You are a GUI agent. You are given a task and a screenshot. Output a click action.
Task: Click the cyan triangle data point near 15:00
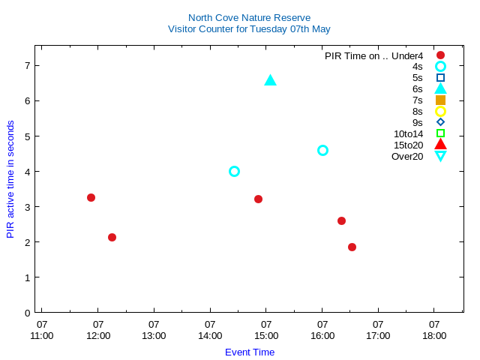271,80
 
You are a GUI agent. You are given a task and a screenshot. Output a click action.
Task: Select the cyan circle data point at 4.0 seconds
234,171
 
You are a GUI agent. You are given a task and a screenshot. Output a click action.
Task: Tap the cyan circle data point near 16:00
322,150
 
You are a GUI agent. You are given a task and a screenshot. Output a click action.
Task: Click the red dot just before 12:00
91,197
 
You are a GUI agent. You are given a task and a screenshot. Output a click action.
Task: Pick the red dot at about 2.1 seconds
112,237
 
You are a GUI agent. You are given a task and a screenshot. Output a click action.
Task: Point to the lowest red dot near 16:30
352,247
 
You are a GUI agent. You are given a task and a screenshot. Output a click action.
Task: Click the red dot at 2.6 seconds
341,220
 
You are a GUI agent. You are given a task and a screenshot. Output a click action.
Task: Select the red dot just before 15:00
258,199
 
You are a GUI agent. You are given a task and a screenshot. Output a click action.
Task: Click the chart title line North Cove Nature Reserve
249,17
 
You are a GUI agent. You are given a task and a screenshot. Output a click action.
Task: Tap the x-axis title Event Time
250,352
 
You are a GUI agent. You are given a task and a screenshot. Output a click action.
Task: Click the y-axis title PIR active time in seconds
10,179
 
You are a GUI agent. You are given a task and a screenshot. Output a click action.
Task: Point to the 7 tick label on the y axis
27,65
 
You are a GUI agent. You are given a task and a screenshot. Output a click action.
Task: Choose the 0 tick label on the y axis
27,313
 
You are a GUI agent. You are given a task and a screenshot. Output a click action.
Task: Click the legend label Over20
407,156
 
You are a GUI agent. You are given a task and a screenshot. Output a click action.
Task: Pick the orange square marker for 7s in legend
440,100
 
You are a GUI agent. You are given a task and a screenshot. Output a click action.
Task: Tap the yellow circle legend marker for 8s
440,111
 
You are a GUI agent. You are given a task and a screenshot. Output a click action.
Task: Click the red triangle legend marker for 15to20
440,145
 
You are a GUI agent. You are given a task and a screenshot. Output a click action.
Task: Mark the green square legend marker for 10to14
440,133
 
